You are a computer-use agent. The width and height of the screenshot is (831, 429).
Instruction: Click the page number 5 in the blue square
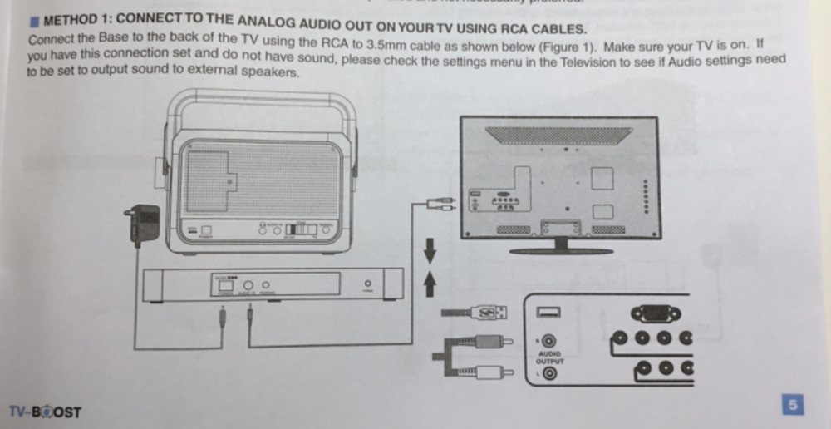(x=794, y=406)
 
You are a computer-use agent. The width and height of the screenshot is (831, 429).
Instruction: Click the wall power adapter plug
(x=145, y=223)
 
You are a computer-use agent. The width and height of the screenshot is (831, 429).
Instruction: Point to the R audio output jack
(x=549, y=340)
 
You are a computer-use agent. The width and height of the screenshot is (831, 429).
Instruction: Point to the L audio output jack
(x=549, y=373)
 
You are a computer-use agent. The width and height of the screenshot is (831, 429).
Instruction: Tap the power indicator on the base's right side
(x=367, y=284)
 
